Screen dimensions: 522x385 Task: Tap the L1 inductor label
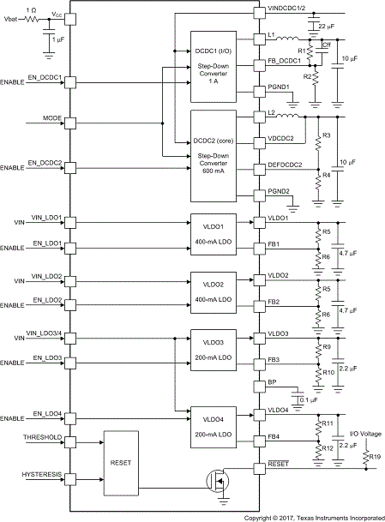tap(272, 35)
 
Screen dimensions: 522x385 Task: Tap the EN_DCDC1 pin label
tap(51, 78)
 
